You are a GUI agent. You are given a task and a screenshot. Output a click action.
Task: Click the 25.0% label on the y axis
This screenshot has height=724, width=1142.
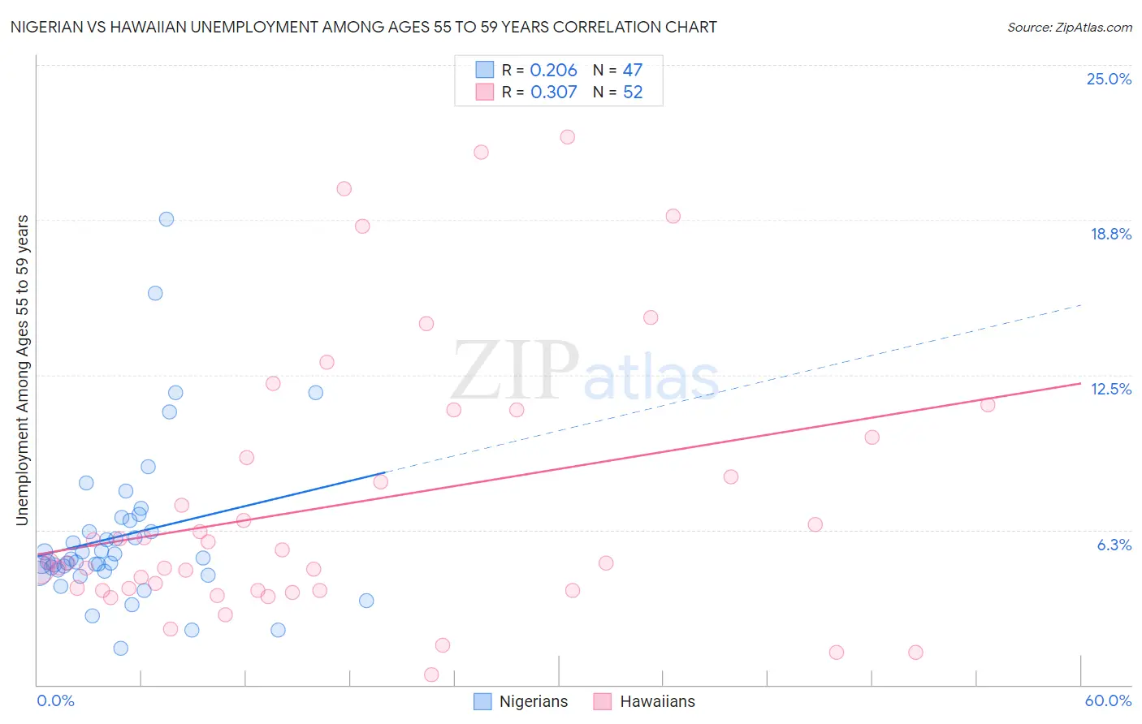click(1109, 79)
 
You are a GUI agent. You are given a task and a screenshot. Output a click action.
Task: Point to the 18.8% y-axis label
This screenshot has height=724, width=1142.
click(1110, 234)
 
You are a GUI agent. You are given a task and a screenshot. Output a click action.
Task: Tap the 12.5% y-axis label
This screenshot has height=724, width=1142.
click(1110, 389)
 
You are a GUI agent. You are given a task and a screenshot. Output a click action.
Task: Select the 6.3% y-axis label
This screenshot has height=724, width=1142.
click(1114, 545)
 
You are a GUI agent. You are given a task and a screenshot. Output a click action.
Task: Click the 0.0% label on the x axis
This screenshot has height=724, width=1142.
click(55, 700)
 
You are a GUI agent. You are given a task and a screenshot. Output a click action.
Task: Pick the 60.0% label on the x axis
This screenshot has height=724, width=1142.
click(1107, 700)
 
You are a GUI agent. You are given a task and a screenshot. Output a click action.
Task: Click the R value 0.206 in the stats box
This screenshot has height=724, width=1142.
click(553, 71)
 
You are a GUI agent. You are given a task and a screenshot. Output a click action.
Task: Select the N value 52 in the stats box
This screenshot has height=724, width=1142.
click(633, 93)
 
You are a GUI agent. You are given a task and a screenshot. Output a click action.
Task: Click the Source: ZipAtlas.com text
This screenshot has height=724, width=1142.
click(1069, 27)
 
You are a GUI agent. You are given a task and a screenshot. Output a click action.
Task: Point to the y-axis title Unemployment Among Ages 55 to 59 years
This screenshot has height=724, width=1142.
click(22, 370)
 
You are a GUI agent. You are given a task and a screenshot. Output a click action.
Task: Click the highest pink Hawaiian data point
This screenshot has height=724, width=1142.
click(567, 137)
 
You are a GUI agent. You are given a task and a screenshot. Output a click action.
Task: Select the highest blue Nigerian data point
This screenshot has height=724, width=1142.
click(167, 219)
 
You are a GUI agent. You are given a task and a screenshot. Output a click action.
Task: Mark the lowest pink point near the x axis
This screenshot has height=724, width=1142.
click(431, 674)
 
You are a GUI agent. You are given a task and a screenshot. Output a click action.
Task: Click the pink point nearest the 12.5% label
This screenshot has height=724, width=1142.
click(988, 405)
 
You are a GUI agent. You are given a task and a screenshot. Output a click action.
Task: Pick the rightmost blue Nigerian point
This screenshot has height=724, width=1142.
click(366, 601)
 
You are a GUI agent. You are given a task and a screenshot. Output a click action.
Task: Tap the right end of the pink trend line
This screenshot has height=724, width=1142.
click(1080, 383)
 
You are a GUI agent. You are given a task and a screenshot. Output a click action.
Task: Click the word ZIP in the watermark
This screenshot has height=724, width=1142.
click(514, 371)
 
